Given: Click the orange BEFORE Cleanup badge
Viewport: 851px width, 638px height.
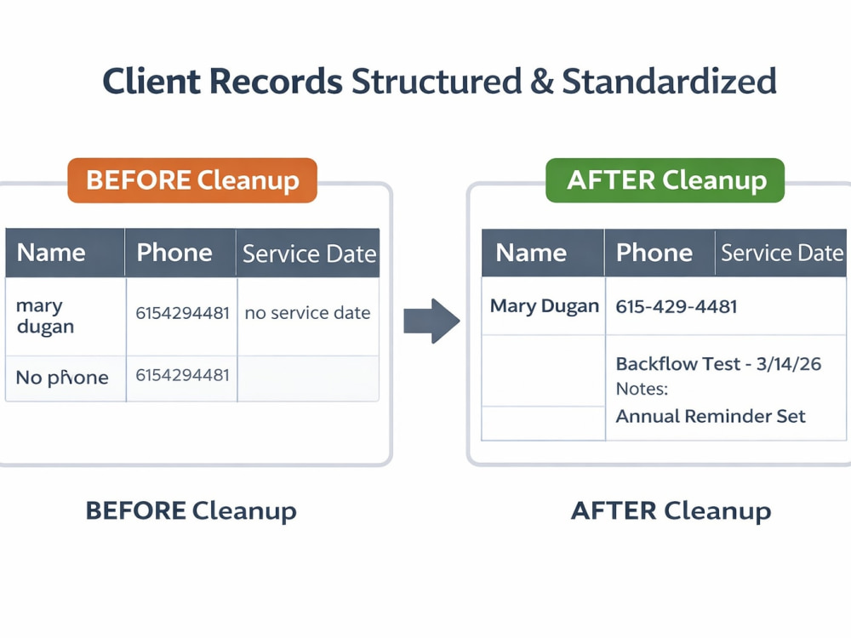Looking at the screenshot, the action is tap(192, 180).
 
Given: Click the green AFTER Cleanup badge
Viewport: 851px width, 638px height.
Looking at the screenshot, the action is tap(665, 180).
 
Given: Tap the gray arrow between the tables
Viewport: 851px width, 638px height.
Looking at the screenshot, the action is tap(431, 321).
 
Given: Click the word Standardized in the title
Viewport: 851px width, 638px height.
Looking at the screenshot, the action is tap(669, 82).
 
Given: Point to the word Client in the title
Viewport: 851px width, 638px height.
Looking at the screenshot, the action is tap(151, 82).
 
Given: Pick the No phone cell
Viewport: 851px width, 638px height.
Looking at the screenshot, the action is tap(62, 377).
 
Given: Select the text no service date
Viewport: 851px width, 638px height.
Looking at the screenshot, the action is tap(307, 312).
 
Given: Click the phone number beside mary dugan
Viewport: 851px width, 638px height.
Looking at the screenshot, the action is tap(182, 313).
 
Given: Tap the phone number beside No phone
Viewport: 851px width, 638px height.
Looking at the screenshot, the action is tap(182, 375).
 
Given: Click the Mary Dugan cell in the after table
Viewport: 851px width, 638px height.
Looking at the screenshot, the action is tap(545, 306).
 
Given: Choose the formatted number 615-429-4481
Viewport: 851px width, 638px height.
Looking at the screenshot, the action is tap(677, 306).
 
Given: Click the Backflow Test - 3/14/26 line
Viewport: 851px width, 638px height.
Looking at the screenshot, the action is tap(718, 363).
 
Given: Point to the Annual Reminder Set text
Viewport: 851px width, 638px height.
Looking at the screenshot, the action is tap(711, 416).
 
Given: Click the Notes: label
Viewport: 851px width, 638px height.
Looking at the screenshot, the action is tap(642, 389).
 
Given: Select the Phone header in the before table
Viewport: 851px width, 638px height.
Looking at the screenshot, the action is tap(174, 253).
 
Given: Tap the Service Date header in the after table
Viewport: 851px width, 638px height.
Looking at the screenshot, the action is tap(782, 253).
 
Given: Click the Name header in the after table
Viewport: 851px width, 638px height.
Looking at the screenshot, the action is tap(531, 253).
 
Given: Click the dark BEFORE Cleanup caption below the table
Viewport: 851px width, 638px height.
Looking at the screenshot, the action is tap(191, 511).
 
